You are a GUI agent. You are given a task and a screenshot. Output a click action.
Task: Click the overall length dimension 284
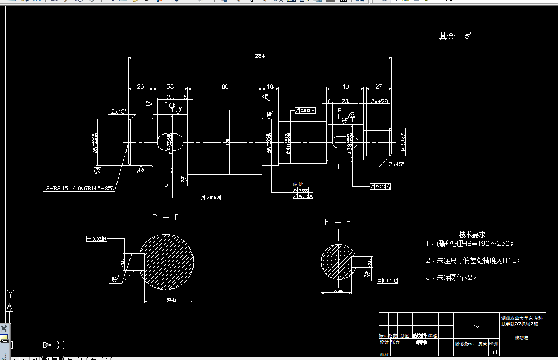(x=260, y=56)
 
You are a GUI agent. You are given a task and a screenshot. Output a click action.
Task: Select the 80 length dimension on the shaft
(x=225, y=86)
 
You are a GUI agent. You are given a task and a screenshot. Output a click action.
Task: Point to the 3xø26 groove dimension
(x=379, y=101)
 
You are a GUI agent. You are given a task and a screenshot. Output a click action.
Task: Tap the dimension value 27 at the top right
(x=379, y=86)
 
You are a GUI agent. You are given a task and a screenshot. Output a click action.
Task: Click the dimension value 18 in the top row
(x=270, y=86)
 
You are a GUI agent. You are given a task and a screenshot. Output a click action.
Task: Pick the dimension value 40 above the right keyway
(x=345, y=86)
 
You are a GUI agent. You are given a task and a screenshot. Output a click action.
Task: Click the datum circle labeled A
(x=98, y=170)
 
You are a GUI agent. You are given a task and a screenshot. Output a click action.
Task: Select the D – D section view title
(x=166, y=217)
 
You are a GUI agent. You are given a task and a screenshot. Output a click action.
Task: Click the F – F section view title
(x=338, y=222)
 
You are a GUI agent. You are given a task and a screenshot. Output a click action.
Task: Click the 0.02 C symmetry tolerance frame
(x=387, y=281)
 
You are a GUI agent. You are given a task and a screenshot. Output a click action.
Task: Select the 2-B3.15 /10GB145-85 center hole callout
(x=80, y=187)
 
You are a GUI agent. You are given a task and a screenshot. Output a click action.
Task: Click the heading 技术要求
(x=472, y=234)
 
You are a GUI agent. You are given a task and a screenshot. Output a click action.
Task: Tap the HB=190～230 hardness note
(x=488, y=244)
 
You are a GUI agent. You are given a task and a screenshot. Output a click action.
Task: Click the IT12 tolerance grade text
(x=509, y=261)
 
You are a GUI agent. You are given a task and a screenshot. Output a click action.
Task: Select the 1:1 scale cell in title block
(x=493, y=353)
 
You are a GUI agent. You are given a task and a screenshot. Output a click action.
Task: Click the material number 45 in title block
(x=476, y=326)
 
